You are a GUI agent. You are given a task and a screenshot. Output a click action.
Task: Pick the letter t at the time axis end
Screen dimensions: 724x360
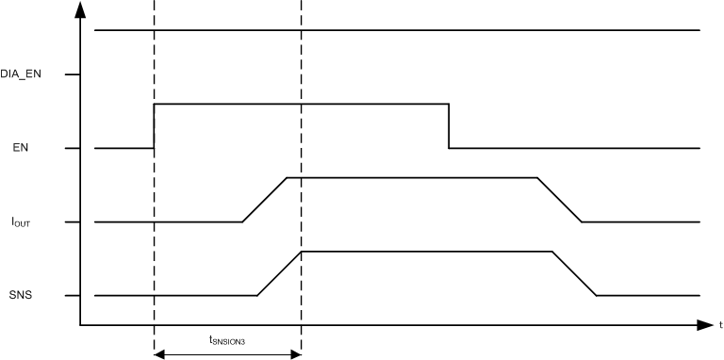[719, 326]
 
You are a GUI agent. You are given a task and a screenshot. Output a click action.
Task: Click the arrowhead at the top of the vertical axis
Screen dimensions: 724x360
[81, 9]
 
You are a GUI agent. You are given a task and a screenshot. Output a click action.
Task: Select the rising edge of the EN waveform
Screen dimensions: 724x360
[155, 125]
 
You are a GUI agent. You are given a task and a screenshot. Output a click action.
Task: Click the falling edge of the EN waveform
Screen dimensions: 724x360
[449, 125]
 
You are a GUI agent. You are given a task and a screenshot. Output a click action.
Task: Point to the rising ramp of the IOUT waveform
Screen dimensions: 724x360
[265, 199]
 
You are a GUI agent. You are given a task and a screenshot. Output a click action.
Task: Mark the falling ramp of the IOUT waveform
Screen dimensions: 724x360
[559, 199]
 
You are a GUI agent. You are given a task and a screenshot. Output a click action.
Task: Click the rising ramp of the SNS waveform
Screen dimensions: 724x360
[279, 273]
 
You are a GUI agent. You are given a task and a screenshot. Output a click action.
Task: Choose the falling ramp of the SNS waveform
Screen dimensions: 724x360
[574, 273]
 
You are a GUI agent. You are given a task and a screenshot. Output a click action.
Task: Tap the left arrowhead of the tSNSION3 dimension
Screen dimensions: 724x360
[158, 354]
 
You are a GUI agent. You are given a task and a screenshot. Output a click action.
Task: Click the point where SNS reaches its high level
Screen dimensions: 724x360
[301, 252]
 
